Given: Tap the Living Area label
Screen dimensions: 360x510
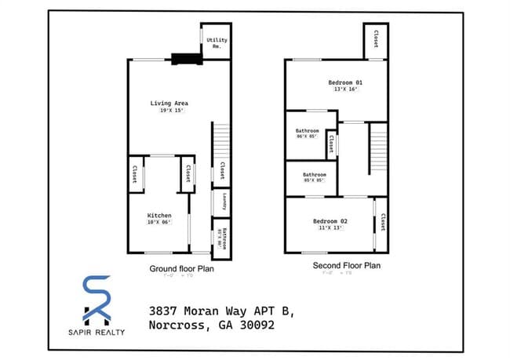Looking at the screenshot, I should pos(169,103).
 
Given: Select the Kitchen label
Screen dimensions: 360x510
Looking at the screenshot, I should pos(159,215).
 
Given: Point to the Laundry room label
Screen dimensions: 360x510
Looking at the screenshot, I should pos(224,202).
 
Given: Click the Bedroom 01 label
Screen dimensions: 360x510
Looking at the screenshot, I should pos(345,82).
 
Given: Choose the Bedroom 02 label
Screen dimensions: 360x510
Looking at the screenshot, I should pos(333,221).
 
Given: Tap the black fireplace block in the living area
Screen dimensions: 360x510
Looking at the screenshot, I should pos(186,56).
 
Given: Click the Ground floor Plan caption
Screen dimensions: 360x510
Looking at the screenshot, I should pos(182,268).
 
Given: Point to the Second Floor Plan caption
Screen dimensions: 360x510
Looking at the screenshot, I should pos(347,266).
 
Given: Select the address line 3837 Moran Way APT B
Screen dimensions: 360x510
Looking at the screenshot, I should pos(221,311).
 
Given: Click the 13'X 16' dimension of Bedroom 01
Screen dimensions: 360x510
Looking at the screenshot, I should pos(345,89).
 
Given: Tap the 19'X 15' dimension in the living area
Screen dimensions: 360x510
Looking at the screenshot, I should pos(169,111).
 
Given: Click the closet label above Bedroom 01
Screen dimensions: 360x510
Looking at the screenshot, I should pos(376,38).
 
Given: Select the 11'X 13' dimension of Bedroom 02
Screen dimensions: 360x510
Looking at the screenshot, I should pos(333,228).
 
